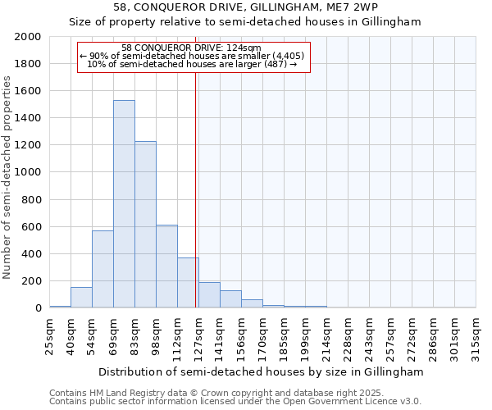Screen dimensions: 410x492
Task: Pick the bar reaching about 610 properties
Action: click(x=166, y=266)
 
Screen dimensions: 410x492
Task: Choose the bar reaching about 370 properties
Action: click(x=188, y=282)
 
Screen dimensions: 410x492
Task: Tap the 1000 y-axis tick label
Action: click(x=28, y=172)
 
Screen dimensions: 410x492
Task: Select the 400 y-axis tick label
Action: click(x=31, y=253)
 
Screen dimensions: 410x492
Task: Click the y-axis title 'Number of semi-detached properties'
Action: click(x=8, y=177)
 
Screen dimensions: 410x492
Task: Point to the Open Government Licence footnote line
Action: click(x=235, y=402)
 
